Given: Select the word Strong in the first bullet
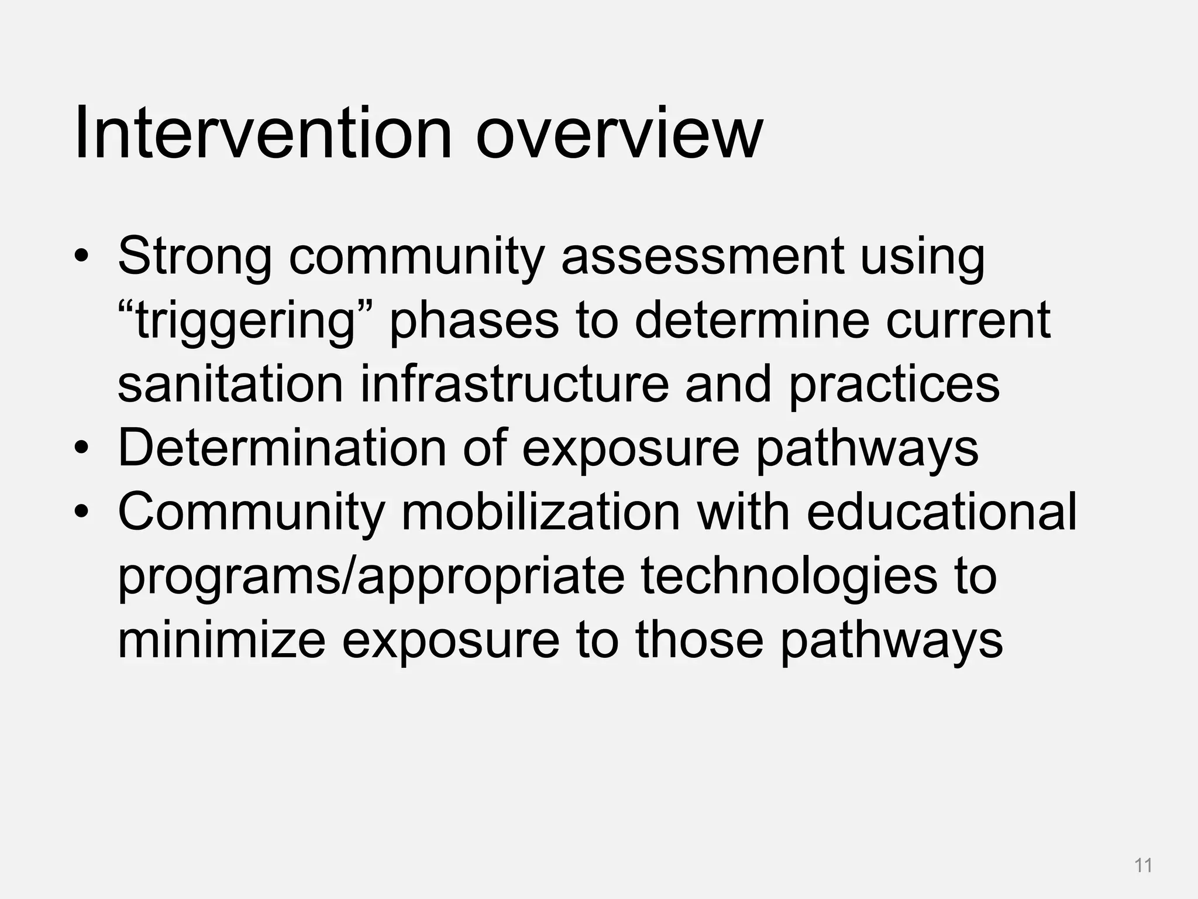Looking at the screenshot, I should click(x=195, y=258).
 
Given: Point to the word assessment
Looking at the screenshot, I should click(x=703, y=258).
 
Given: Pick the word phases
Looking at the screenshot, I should click(x=474, y=322).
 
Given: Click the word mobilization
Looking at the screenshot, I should click(x=541, y=512).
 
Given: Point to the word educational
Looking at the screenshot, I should click(x=941, y=512).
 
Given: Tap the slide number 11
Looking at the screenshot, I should click(x=1143, y=865).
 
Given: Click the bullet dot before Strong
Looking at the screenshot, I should click(x=81, y=258).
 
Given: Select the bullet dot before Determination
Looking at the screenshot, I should click(x=81, y=448).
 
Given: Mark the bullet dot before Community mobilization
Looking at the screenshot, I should click(x=81, y=512).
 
